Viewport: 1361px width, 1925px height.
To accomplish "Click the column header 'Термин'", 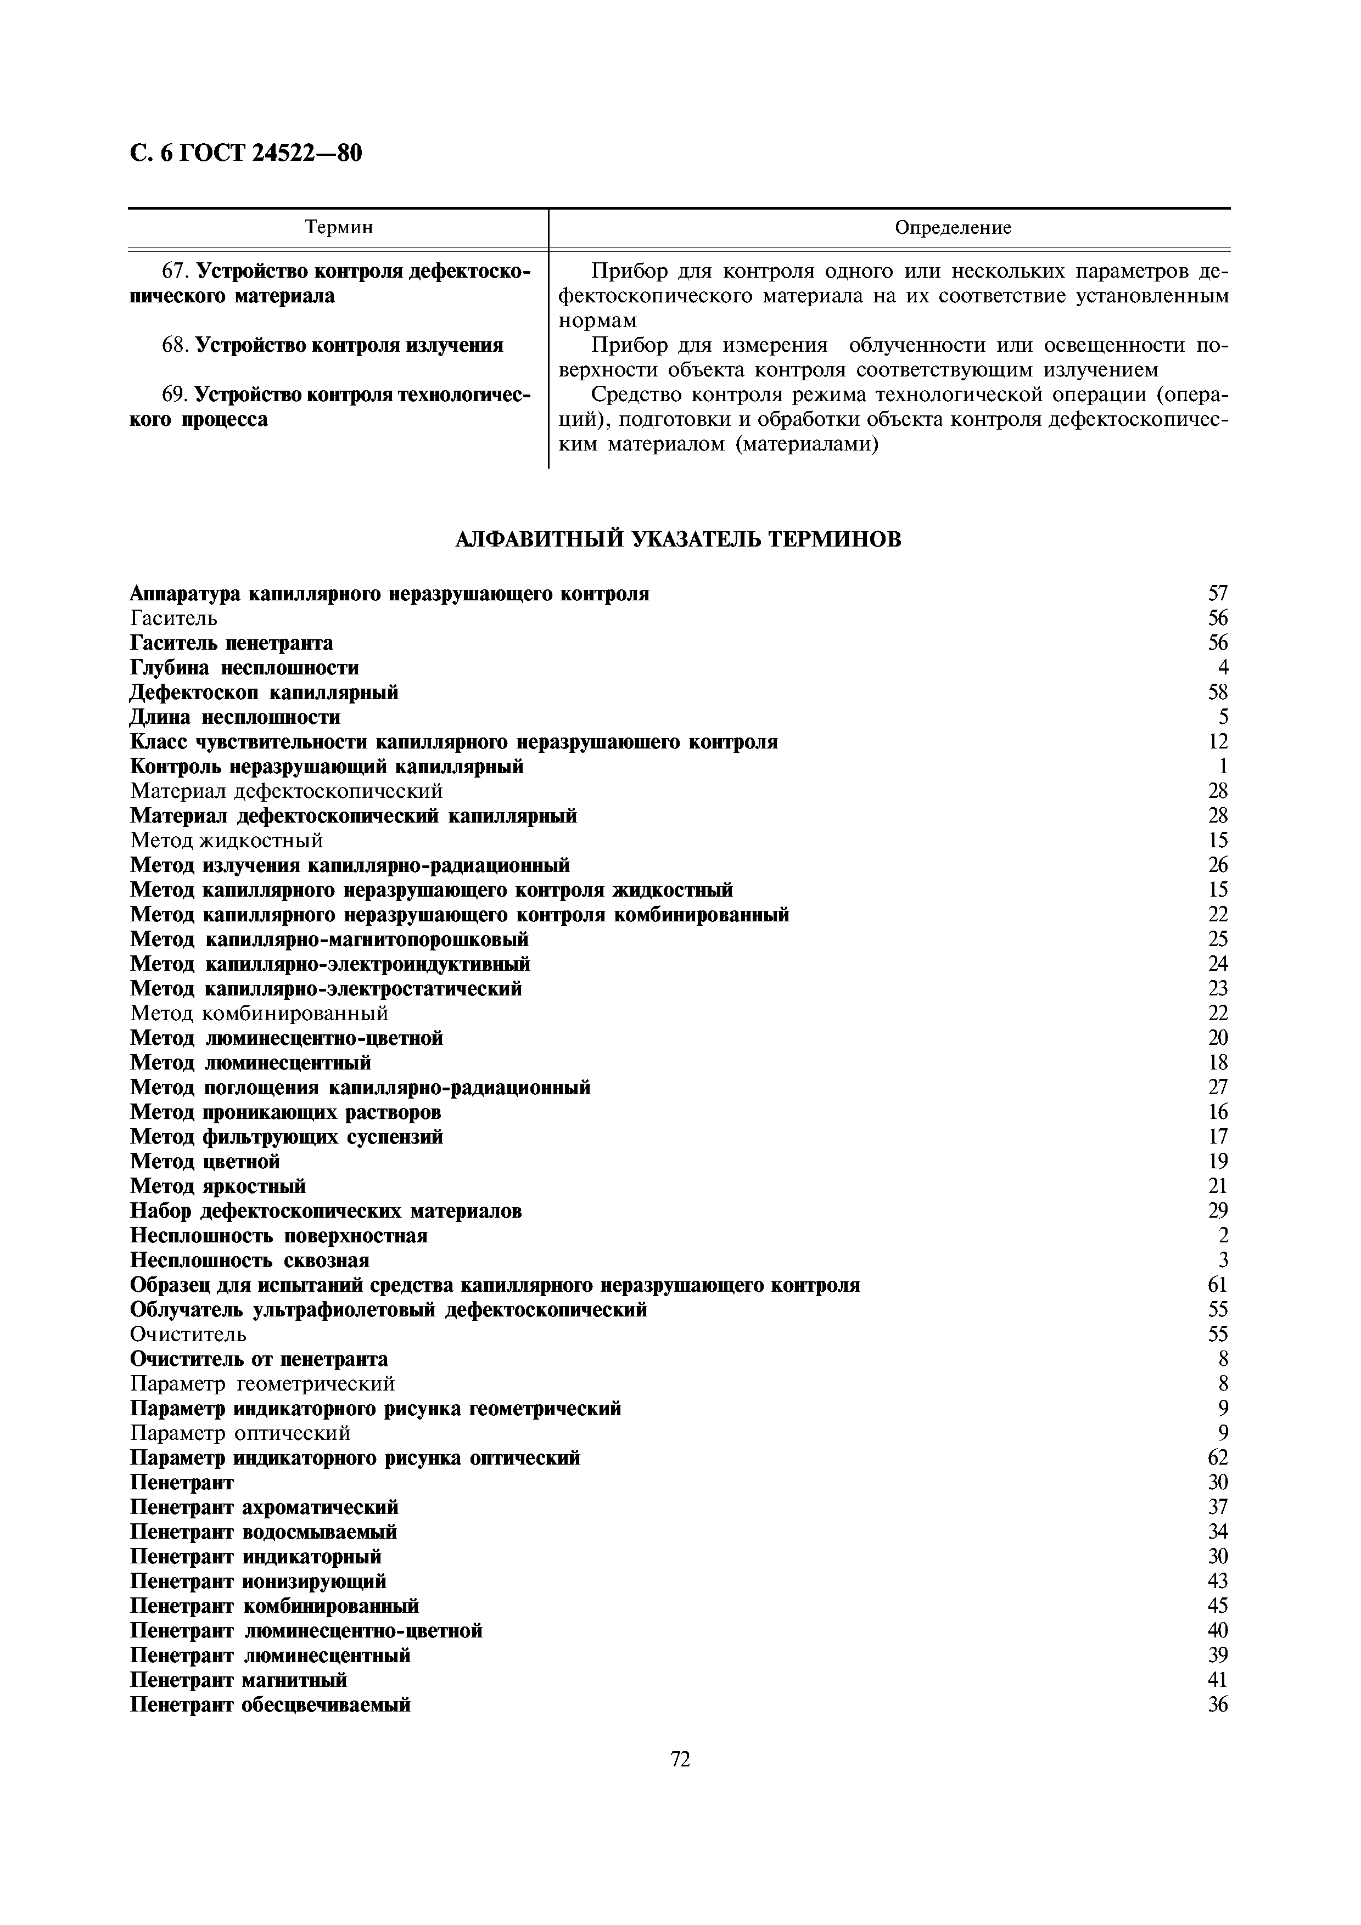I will [339, 227].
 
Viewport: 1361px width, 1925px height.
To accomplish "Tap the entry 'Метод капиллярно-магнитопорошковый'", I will [329, 939].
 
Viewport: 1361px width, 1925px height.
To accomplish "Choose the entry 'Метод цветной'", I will [205, 1161].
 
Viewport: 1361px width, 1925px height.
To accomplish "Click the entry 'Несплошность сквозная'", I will [250, 1260].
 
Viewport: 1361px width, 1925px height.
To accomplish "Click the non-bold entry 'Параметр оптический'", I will [240, 1433].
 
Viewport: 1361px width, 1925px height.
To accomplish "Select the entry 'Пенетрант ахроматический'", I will [264, 1507].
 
